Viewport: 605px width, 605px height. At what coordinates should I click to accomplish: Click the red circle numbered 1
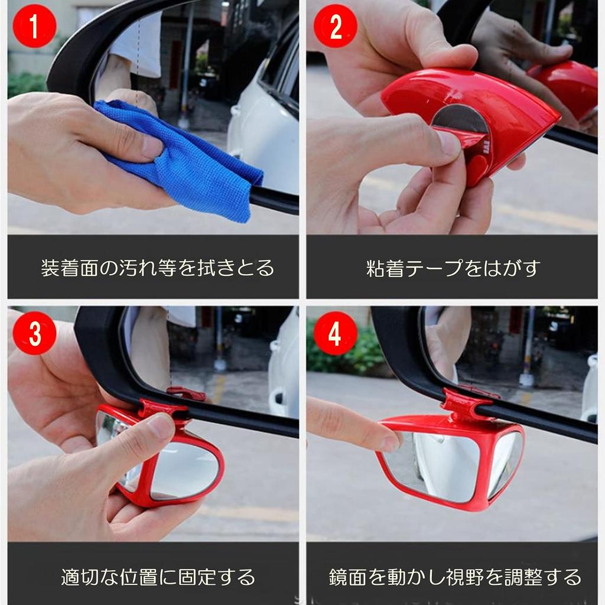pyautogui.click(x=35, y=26)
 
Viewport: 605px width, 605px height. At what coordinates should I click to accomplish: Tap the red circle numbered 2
pyautogui.click(x=336, y=26)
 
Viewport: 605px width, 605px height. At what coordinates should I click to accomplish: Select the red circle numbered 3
pyautogui.click(x=35, y=333)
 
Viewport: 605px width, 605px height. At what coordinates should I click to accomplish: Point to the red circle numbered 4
pyautogui.click(x=336, y=333)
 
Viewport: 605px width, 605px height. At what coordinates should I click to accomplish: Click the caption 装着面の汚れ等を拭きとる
pyautogui.click(x=157, y=268)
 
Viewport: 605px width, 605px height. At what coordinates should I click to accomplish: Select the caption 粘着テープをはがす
pyautogui.click(x=452, y=268)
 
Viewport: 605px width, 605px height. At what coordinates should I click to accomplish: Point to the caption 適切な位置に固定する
pyautogui.click(x=158, y=577)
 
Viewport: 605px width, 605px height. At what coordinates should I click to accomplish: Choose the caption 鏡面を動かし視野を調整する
pyautogui.click(x=455, y=577)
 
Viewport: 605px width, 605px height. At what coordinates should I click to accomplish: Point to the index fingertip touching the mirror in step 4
pyautogui.click(x=390, y=442)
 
